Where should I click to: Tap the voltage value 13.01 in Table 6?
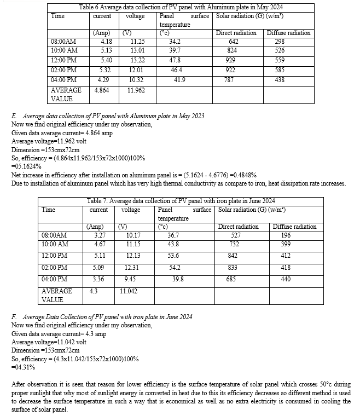[x=138, y=50]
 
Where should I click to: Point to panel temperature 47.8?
[x=175, y=60]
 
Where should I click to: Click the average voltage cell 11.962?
[x=136, y=89]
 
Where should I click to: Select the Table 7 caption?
[x=181, y=201]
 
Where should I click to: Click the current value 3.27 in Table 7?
[x=97, y=236]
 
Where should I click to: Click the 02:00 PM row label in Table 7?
[x=53, y=267]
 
